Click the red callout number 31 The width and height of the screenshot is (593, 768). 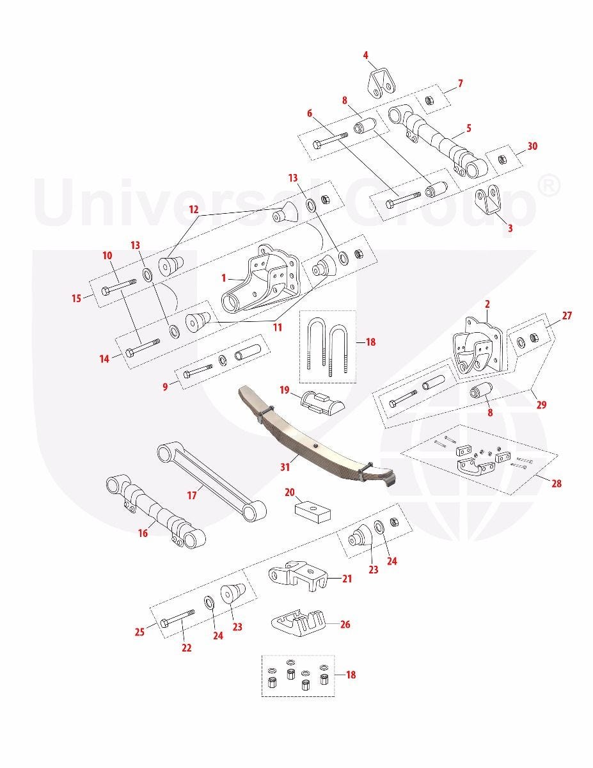click(285, 467)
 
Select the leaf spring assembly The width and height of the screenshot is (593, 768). click(317, 438)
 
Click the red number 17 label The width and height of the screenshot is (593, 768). click(192, 495)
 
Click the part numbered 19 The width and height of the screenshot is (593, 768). click(322, 403)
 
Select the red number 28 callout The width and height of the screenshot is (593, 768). click(557, 483)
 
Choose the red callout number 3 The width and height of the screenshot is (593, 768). click(510, 228)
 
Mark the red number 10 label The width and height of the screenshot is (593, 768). click(107, 255)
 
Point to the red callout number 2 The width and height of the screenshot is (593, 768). click(487, 304)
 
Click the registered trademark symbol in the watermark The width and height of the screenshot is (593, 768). click(548, 187)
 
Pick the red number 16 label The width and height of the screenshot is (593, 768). click(143, 533)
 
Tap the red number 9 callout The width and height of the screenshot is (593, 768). click(165, 387)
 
